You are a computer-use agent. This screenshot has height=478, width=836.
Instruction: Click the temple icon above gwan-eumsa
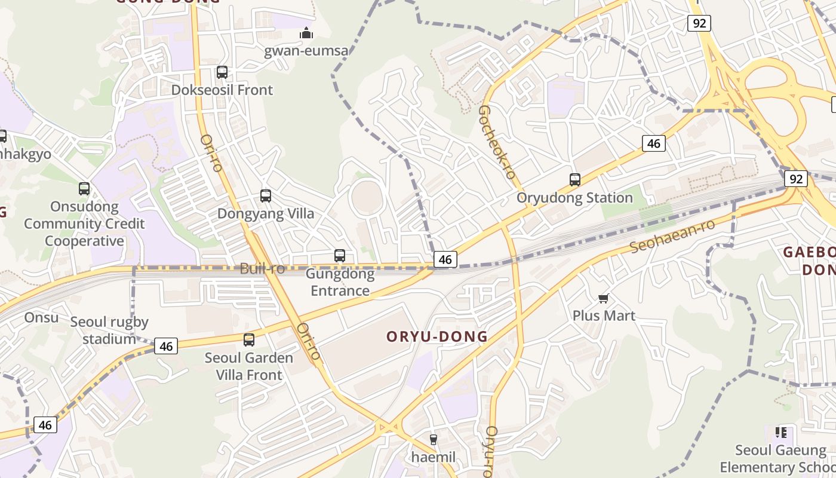[306, 33]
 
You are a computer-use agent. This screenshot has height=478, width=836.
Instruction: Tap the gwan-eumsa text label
[306, 50]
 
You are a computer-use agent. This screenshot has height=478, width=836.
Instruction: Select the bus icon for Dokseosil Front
[222, 72]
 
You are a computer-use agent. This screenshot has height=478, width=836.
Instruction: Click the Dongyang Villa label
[266, 213]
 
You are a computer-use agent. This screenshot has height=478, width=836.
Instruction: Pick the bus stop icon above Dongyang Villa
[266, 195]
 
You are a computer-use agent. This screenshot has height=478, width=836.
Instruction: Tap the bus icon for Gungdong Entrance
[340, 256]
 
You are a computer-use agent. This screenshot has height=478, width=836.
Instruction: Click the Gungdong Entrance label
[340, 282]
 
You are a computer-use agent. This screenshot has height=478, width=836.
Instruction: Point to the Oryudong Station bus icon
[575, 179]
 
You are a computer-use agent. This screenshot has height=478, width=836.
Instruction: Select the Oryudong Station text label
[574, 198]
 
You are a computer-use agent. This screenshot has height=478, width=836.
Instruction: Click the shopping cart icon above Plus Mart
[604, 298]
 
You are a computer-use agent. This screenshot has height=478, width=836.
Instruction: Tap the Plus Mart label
[604, 315]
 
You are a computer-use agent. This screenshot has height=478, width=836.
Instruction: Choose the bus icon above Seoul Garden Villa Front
[249, 340]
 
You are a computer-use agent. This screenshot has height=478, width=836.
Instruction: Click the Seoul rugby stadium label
[109, 330]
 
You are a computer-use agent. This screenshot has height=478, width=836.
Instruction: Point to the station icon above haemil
[434, 440]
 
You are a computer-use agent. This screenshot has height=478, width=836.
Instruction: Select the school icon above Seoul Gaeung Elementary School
[780, 432]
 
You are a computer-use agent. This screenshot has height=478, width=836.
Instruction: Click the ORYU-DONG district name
[437, 336]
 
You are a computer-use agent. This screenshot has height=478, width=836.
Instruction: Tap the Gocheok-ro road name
[497, 142]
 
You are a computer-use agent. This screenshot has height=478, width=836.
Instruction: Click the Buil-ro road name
[262, 269]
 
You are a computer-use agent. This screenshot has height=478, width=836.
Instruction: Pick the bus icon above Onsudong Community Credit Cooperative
[84, 189]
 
